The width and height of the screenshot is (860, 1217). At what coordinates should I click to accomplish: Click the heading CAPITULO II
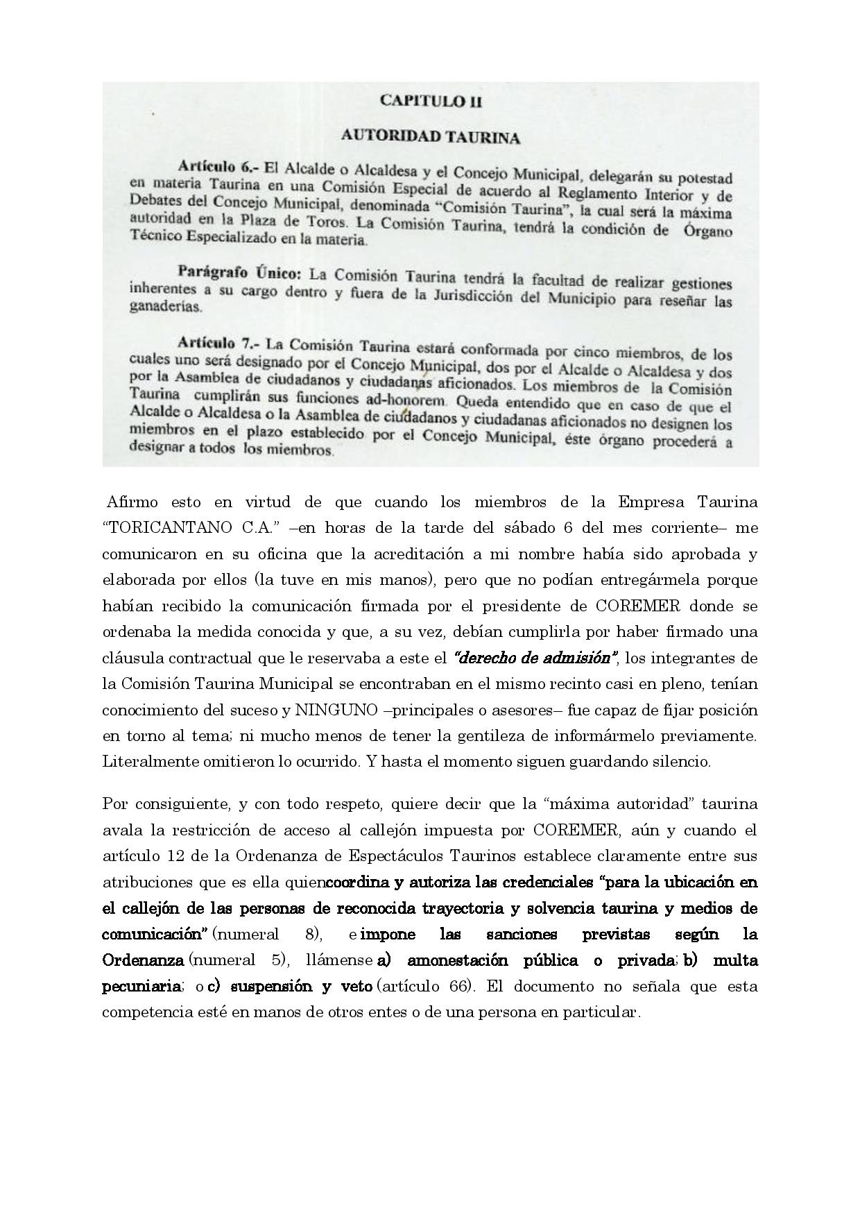coord(431,101)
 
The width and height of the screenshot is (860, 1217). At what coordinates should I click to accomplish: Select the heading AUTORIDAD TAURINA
coord(430,137)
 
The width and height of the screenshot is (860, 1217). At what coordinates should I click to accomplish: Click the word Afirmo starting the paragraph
coord(131,502)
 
